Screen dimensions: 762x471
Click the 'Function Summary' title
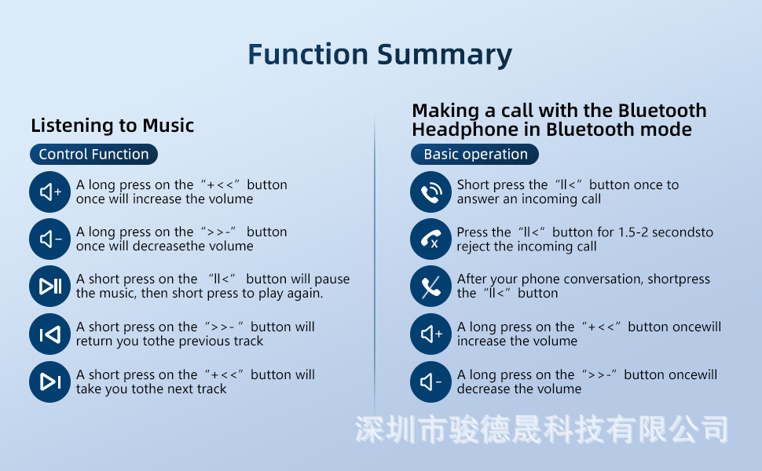click(380, 54)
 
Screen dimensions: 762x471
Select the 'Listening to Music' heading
click(112, 126)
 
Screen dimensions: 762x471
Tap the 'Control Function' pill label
click(93, 155)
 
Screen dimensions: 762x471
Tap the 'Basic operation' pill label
click(474, 155)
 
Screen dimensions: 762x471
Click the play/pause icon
click(50, 286)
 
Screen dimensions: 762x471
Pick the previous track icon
click(50, 334)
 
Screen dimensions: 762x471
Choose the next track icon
click(50, 382)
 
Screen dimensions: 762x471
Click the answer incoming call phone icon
click(431, 192)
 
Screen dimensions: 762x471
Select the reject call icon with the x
click(431, 239)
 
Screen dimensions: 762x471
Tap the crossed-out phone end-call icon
click(431, 286)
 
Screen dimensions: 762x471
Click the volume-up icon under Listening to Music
click(50, 192)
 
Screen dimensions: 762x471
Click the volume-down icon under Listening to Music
click(50, 239)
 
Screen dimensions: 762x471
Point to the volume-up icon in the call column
click(431, 334)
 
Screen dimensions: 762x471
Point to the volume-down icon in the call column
click(431, 382)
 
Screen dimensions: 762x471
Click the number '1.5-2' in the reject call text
click(633, 232)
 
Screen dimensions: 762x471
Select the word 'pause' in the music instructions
click(332, 279)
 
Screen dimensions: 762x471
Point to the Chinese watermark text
click(541, 429)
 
